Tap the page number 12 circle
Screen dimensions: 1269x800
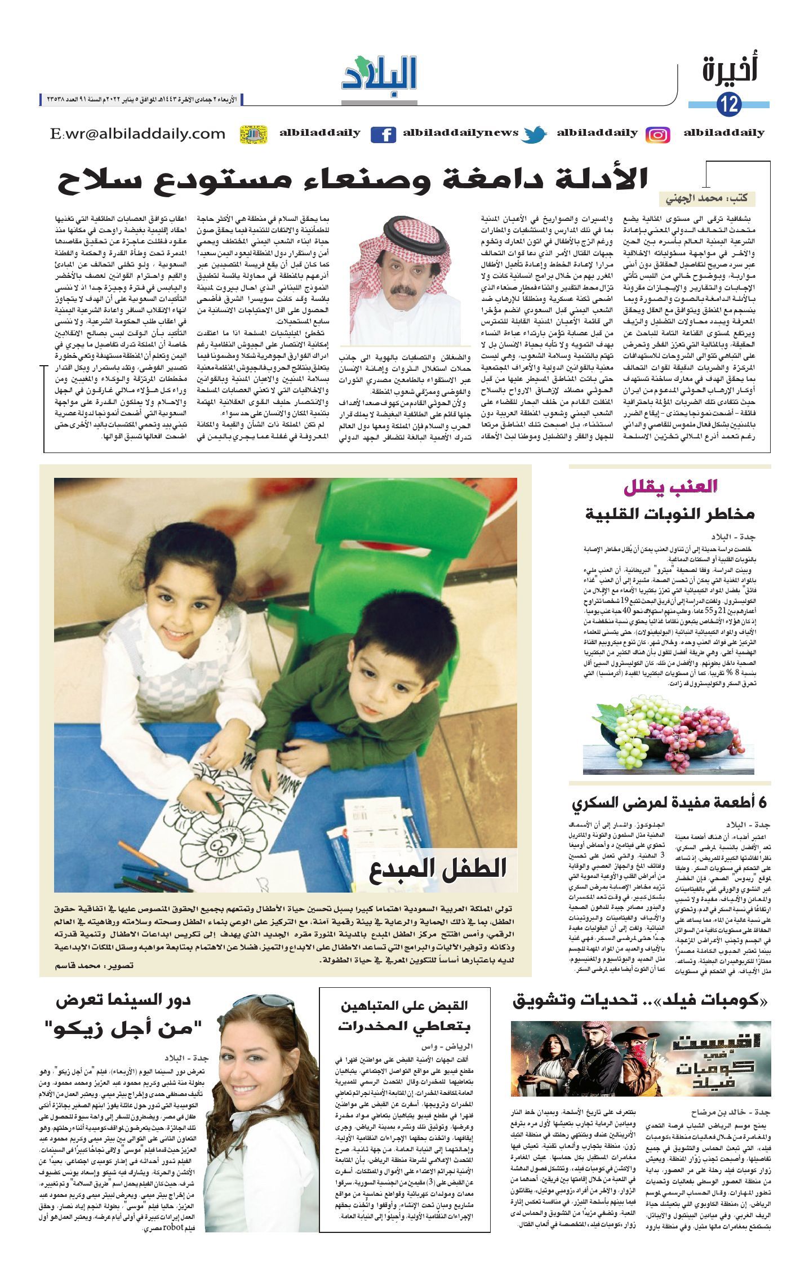(730, 104)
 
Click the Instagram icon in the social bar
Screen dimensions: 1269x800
(657, 135)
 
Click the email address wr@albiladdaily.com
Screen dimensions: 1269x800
(138, 134)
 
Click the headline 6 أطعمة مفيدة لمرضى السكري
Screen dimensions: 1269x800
(669, 802)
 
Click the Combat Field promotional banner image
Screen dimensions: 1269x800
(639, 1058)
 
